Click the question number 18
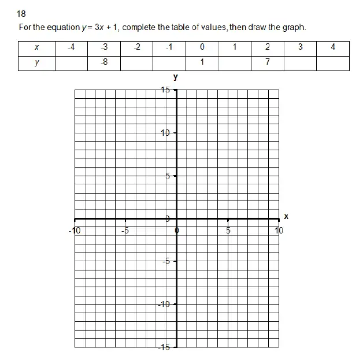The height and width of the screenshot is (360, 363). pos(22,13)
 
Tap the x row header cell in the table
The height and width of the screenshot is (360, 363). pos(36,47)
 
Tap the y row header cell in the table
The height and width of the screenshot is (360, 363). pos(36,62)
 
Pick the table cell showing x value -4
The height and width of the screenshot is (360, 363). pos(71,47)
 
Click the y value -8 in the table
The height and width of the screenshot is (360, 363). pos(104,62)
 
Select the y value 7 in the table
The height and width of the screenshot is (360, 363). pos(268,62)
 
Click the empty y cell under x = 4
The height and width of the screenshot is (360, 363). pos(333,62)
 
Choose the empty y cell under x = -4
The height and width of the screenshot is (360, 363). pos(71,62)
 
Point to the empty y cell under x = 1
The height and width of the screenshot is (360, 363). pos(235,62)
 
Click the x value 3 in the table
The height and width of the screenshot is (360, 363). pos(301,47)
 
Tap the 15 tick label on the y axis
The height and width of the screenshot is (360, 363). pos(166,90)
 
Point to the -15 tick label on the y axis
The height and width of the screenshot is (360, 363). pos(165,347)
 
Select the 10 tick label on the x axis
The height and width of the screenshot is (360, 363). pos(279,230)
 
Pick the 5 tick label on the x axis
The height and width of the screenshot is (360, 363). pos(228,230)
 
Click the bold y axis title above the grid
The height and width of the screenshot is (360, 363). pos(175,77)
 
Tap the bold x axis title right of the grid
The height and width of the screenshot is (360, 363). pos(286,217)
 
